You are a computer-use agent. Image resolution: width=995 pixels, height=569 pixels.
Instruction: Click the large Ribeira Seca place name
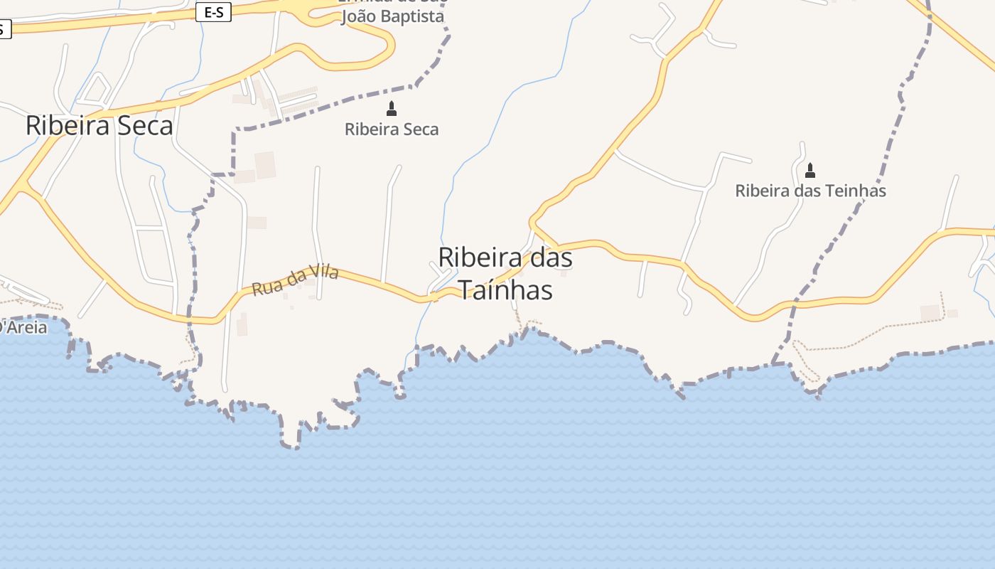pos(99,125)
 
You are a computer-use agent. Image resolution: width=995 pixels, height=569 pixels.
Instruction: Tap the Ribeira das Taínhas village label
pos(505,274)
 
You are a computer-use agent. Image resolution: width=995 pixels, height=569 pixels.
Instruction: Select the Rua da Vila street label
pos(295,280)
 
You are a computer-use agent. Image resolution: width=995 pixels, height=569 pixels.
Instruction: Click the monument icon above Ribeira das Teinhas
pos(810,171)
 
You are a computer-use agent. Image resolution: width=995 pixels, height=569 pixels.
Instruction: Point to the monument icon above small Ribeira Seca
pos(391,109)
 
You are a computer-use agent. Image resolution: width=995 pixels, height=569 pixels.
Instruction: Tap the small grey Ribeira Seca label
pos(392,129)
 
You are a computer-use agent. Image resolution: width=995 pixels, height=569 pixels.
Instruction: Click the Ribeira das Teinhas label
pos(810,191)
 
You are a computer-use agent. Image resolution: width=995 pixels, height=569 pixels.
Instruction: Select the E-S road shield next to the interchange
pos(213,12)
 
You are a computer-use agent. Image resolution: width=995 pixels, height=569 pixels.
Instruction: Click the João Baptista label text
pos(392,16)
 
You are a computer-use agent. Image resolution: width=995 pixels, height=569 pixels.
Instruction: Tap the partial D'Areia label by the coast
pos(23,327)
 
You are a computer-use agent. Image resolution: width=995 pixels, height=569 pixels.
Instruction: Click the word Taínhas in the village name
pos(505,290)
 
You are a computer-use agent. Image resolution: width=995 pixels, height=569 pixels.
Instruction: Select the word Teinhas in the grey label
pos(860,191)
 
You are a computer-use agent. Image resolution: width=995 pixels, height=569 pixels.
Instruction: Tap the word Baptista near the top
pos(412,16)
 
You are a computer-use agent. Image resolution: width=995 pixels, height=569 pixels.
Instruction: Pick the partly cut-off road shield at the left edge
pos(4,29)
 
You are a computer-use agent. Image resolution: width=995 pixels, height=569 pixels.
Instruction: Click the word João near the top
pos(358,16)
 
